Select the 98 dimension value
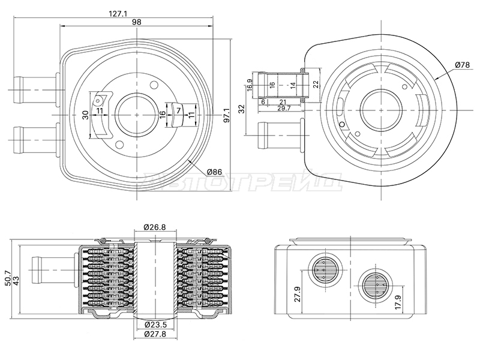click(x=137, y=22)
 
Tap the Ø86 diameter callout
click(x=214, y=172)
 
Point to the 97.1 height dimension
click(x=227, y=115)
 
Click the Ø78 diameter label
click(x=462, y=65)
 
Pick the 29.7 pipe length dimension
click(x=284, y=108)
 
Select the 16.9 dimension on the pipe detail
click(x=250, y=85)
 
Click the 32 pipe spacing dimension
click(x=242, y=109)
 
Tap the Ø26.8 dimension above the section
click(x=155, y=227)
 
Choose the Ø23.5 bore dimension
click(x=155, y=325)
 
